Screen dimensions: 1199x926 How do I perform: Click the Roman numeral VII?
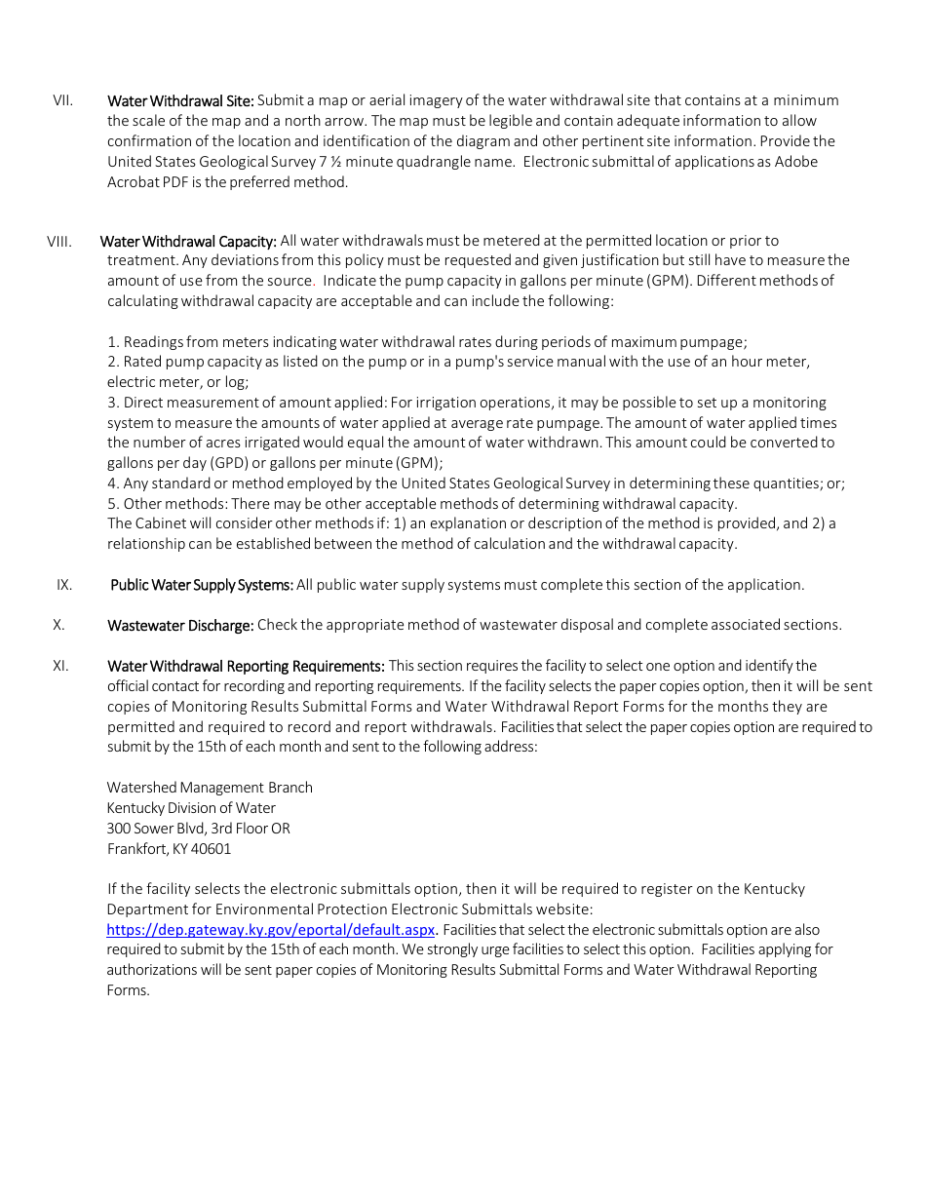pyautogui.click(x=62, y=100)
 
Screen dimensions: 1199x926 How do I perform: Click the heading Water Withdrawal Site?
pyautogui.click(x=180, y=100)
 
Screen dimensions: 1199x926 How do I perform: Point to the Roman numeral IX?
pyautogui.click(x=64, y=585)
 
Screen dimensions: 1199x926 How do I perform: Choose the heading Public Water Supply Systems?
pyautogui.click(x=202, y=585)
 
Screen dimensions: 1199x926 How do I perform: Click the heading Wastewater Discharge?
pyautogui.click(x=180, y=625)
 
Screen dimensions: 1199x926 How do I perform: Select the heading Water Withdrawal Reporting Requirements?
pyautogui.click(x=246, y=666)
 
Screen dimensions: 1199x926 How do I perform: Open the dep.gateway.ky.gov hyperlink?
pyautogui.click(x=271, y=930)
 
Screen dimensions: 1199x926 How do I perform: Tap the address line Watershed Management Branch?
pyautogui.click(x=210, y=788)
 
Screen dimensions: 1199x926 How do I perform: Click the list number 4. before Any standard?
pyautogui.click(x=113, y=483)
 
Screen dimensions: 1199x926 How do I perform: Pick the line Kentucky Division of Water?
pyautogui.click(x=191, y=808)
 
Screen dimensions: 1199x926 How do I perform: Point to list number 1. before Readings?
pyautogui.click(x=113, y=342)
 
